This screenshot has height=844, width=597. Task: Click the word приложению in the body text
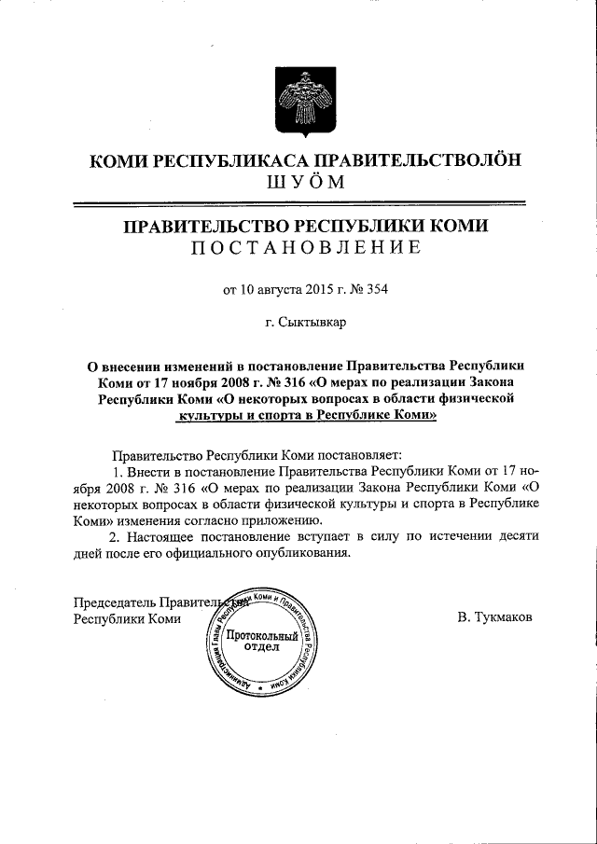[x=283, y=519]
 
